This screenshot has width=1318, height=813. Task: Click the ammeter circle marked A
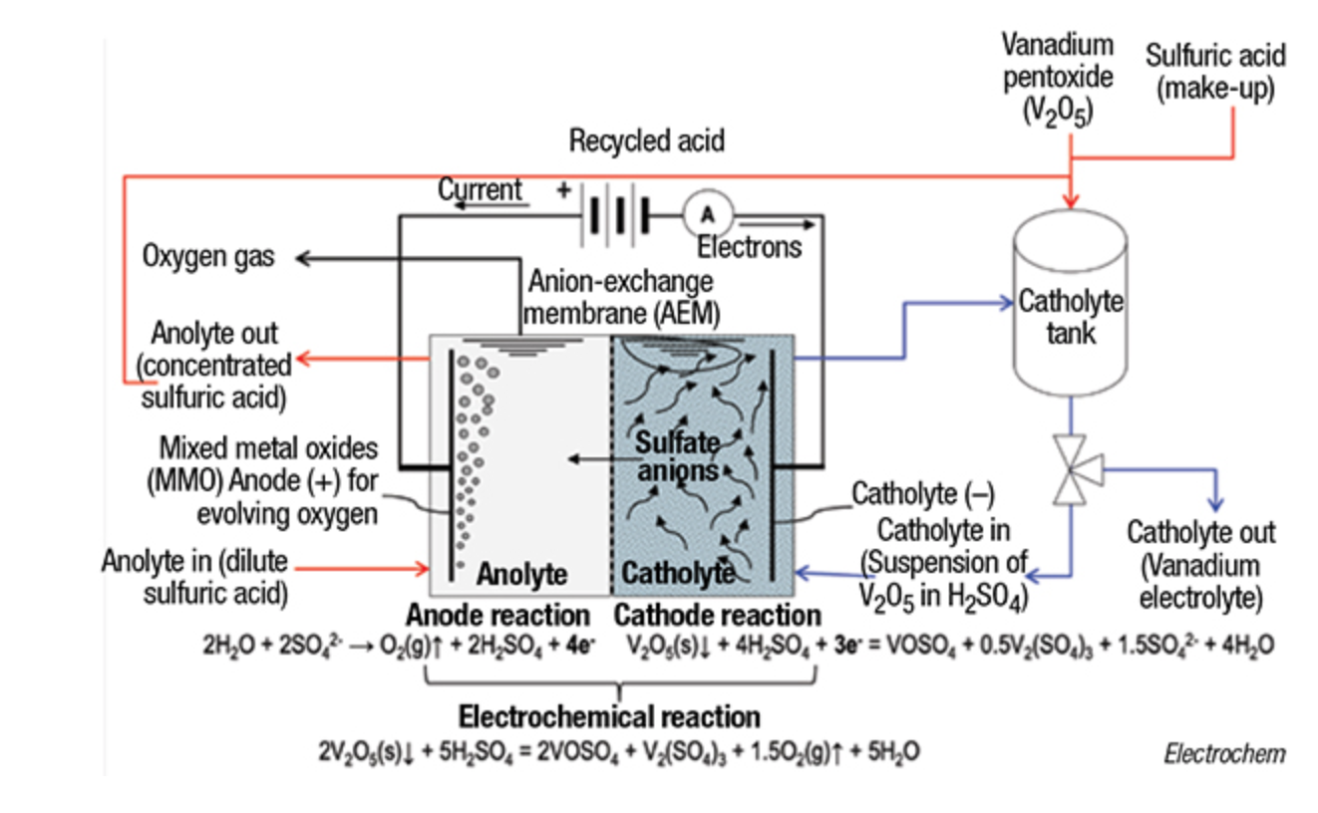[x=708, y=213]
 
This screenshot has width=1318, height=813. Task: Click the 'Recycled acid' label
[x=646, y=141]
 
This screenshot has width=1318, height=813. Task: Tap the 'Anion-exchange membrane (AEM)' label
[x=620, y=297]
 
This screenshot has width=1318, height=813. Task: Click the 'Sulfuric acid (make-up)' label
[x=1215, y=72]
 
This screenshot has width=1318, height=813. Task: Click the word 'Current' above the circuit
[x=480, y=189]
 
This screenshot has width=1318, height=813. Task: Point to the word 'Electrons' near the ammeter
[x=749, y=246]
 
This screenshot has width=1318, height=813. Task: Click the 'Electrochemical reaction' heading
[x=608, y=716]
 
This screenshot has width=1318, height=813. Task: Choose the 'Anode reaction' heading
[x=497, y=614]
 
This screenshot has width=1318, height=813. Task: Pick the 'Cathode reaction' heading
[x=717, y=614]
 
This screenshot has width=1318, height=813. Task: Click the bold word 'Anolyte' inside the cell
[x=521, y=574]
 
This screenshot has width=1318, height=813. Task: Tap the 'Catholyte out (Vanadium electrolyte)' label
[x=1200, y=565]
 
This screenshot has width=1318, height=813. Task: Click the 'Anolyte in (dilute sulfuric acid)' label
[x=195, y=577]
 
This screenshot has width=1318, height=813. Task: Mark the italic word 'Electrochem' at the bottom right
[x=1224, y=753]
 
